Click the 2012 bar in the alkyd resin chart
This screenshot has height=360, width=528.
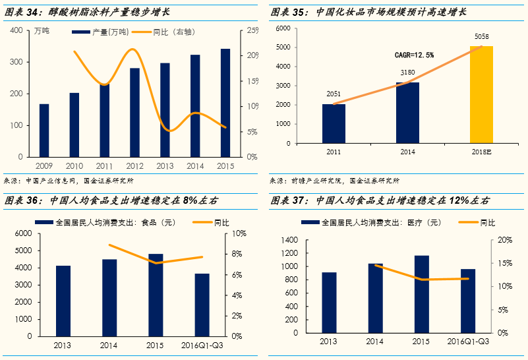pyautogui.click(x=134, y=112)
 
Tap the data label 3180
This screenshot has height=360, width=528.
pyautogui.click(x=407, y=73)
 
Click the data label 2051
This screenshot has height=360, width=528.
pyautogui.click(x=334, y=94)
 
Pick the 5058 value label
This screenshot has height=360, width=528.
pyautogui.click(x=481, y=36)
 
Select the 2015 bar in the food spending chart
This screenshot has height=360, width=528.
pyautogui.click(x=156, y=295)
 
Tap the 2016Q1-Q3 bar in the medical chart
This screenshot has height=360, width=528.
pyautogui.click(x=467, y=301)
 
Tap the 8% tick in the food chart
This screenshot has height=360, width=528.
pyautogui.click(x=238, y=254)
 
